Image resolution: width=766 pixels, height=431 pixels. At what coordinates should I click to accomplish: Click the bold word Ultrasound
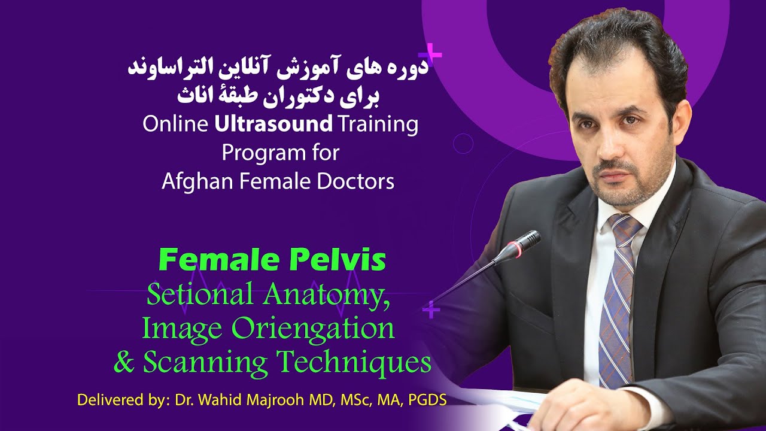pyautogui.click(x=273, y=125)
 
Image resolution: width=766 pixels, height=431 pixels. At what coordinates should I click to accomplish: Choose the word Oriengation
pyautogui.click(x=317, y=328)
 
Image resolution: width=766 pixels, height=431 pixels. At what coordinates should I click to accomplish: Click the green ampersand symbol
pyautogui.click(x=124, y=363)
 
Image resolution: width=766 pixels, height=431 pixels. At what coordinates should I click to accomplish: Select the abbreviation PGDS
pyautogui.click(x=427, y=399)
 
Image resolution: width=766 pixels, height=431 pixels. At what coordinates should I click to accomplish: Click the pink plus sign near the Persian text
pyautogui.click(x=434, y=56)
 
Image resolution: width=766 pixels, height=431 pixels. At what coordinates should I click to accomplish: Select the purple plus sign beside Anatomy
pyautogui.click(x=431, y=309)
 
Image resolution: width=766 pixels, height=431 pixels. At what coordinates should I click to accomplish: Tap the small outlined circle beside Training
pyautogui.click(x=463, y=144)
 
